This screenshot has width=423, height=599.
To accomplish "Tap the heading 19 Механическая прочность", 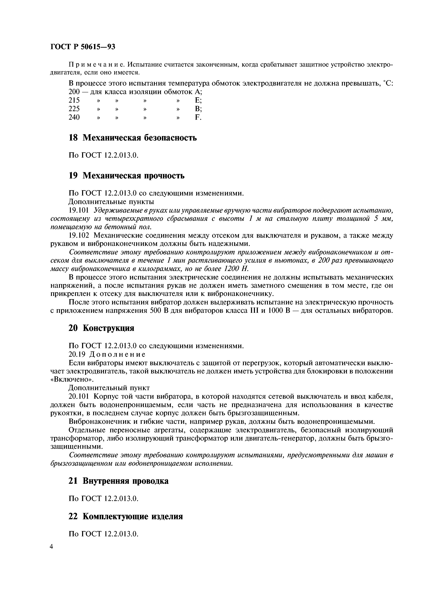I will tap(126, 176).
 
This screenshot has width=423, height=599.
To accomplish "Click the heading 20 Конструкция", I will tap(101, 328).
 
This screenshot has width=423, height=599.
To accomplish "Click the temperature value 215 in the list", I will tap(74, 100).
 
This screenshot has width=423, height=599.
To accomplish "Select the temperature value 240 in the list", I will tap(74, 117).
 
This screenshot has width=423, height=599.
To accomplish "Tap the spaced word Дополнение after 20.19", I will tap(117, 354).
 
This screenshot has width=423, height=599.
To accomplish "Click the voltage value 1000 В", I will tap(279, 311).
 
